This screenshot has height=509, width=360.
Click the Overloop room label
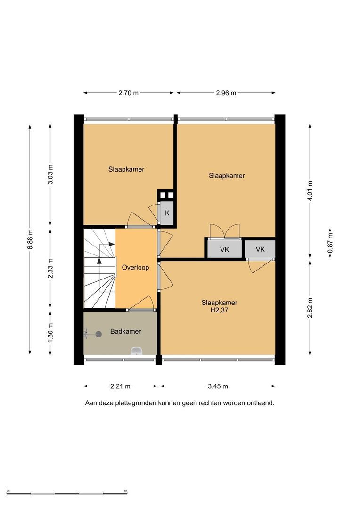point(135,268)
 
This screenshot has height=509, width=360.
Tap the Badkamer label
point(126,331)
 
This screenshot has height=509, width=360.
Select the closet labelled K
point(167,213)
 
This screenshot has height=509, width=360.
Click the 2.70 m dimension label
point(129,93)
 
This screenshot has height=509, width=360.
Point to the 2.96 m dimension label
point(226,93)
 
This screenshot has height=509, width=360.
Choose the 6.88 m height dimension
point(30,239)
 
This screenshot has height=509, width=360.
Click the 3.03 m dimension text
point(50,174)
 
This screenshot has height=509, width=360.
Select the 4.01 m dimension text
point(310,191)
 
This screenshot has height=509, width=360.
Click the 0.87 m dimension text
point(330,243)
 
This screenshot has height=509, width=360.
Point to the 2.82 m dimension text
point(310,308)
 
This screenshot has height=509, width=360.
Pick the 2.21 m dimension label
point(121,386)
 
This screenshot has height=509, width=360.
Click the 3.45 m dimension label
point(218,386)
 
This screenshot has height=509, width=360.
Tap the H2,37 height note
point(220,310)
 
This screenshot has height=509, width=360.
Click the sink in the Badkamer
point(137,351)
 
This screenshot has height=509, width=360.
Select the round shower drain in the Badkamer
point(98,334)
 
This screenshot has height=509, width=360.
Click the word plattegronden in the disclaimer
point(139,403)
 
